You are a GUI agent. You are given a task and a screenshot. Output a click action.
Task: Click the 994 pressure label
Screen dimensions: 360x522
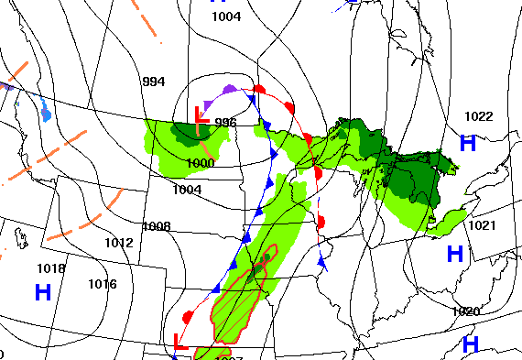pyautogui.click(x=154, y=82)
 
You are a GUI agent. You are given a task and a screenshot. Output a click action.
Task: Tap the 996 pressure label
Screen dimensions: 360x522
pyautogui.click(x=225, y=123)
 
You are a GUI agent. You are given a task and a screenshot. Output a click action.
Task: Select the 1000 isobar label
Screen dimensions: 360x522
pyautogui.click(x=201, y=163)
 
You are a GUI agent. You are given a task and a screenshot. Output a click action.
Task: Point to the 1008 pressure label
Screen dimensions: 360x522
pyautogui.click(x=157, y=226)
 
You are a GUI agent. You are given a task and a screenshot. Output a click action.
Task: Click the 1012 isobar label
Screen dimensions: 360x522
pyautogui.click(x=118, y=243)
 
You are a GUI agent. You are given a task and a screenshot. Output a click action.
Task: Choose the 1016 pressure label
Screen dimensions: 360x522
pyautogui.click(x=103, y=284)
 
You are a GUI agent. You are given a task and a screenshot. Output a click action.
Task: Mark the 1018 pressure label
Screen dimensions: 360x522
pyautogui.click(x=50, y=268)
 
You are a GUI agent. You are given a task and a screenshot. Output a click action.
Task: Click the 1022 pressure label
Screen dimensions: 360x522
pyautogui.click(x=478, y=116)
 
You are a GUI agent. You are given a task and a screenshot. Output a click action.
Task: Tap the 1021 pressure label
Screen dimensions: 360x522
pyautogui.click(x=482, y=225)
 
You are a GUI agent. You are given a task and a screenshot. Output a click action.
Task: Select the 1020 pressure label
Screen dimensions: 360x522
pyautogui.click(x=465, y=311)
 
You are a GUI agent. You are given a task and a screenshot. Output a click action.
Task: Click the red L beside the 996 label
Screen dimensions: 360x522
pyautogui.click(x=202, y=117)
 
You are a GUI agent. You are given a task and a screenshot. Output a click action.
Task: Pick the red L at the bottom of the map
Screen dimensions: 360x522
pyautogui.click(x=180, y=342)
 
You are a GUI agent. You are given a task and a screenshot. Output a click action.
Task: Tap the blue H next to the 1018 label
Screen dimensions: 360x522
pyautogui.click(x=42, y=293)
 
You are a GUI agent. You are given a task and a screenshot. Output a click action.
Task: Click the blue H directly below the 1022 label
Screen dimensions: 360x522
pyautogui.click(x=468, y=143)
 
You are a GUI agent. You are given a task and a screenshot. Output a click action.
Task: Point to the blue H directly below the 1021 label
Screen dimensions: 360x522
pyautogui.click(x=454, y=253)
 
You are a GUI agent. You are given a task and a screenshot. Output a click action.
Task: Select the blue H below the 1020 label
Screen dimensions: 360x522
pyautogui.click(x=471, y=344)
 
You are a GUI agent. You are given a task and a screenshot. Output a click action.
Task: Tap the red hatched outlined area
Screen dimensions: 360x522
pyautogui.click(x=240, y=302)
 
